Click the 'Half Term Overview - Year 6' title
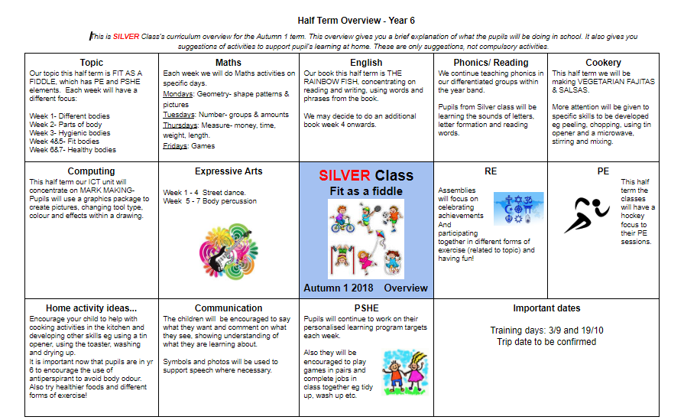tap(356, 21)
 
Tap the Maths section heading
tap(229, 63)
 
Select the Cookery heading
tap(603, 63)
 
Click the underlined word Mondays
tap(178, 94)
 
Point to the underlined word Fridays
tap(176, 146)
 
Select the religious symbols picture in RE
tap(518, 208)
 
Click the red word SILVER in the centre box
tap(345, 175)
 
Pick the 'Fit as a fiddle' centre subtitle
tap(366, 190)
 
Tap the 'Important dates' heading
tap(546, 308)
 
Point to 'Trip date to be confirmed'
tap(546, 341)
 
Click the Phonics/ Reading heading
tap(491, 63)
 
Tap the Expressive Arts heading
tap(229, 171)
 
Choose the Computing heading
tap(91, 171)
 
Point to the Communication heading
tap(229, 308)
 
